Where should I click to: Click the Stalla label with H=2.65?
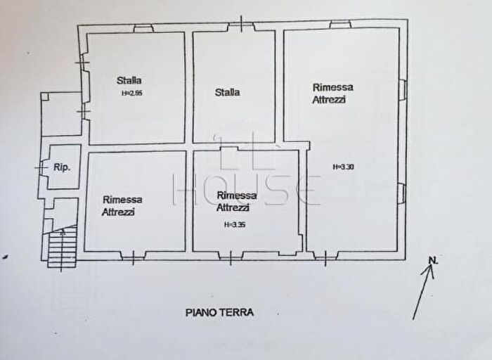[129, 80]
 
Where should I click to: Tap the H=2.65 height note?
[132, 92]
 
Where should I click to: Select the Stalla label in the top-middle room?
[227, 92]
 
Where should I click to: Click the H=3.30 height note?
[343, 167]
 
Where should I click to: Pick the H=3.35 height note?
[235, 225]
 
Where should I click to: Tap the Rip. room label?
[61, 167]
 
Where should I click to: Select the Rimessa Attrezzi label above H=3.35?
[237, 201]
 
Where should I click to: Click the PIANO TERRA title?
[220, 312]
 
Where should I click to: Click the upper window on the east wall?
[403, 90]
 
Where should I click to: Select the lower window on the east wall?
[403, 192]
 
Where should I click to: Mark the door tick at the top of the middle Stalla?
[241, 25]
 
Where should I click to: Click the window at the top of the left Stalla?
[143, 29]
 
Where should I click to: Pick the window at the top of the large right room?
[340, 25]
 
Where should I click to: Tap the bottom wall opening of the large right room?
[325, 256]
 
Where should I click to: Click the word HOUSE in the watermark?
[246, 189]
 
